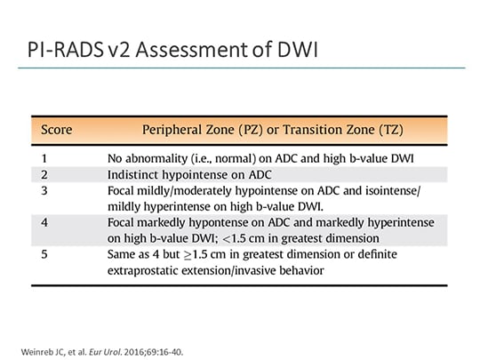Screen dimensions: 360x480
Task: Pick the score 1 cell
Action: click(44, 157)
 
